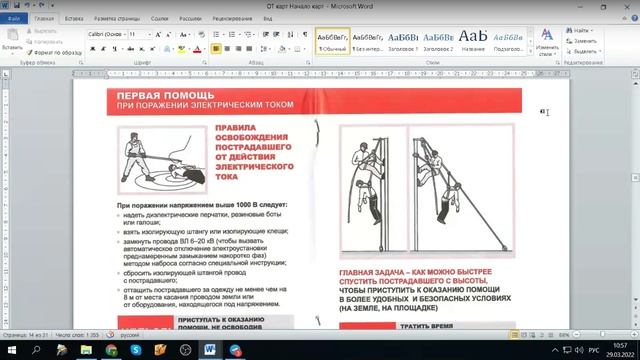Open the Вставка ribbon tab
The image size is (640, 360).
74,19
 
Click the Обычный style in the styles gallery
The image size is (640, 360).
334,40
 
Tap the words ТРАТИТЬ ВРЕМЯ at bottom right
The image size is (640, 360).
428,326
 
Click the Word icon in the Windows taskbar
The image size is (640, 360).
211,349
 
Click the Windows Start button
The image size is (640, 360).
10,349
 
